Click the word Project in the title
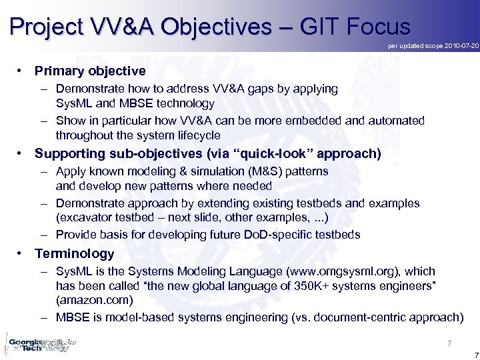tap(46, 27)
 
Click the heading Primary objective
tap(90, 71)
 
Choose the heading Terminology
tap(75, 253)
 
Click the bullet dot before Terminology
tap(21, 253)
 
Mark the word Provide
tap(77, 234)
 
